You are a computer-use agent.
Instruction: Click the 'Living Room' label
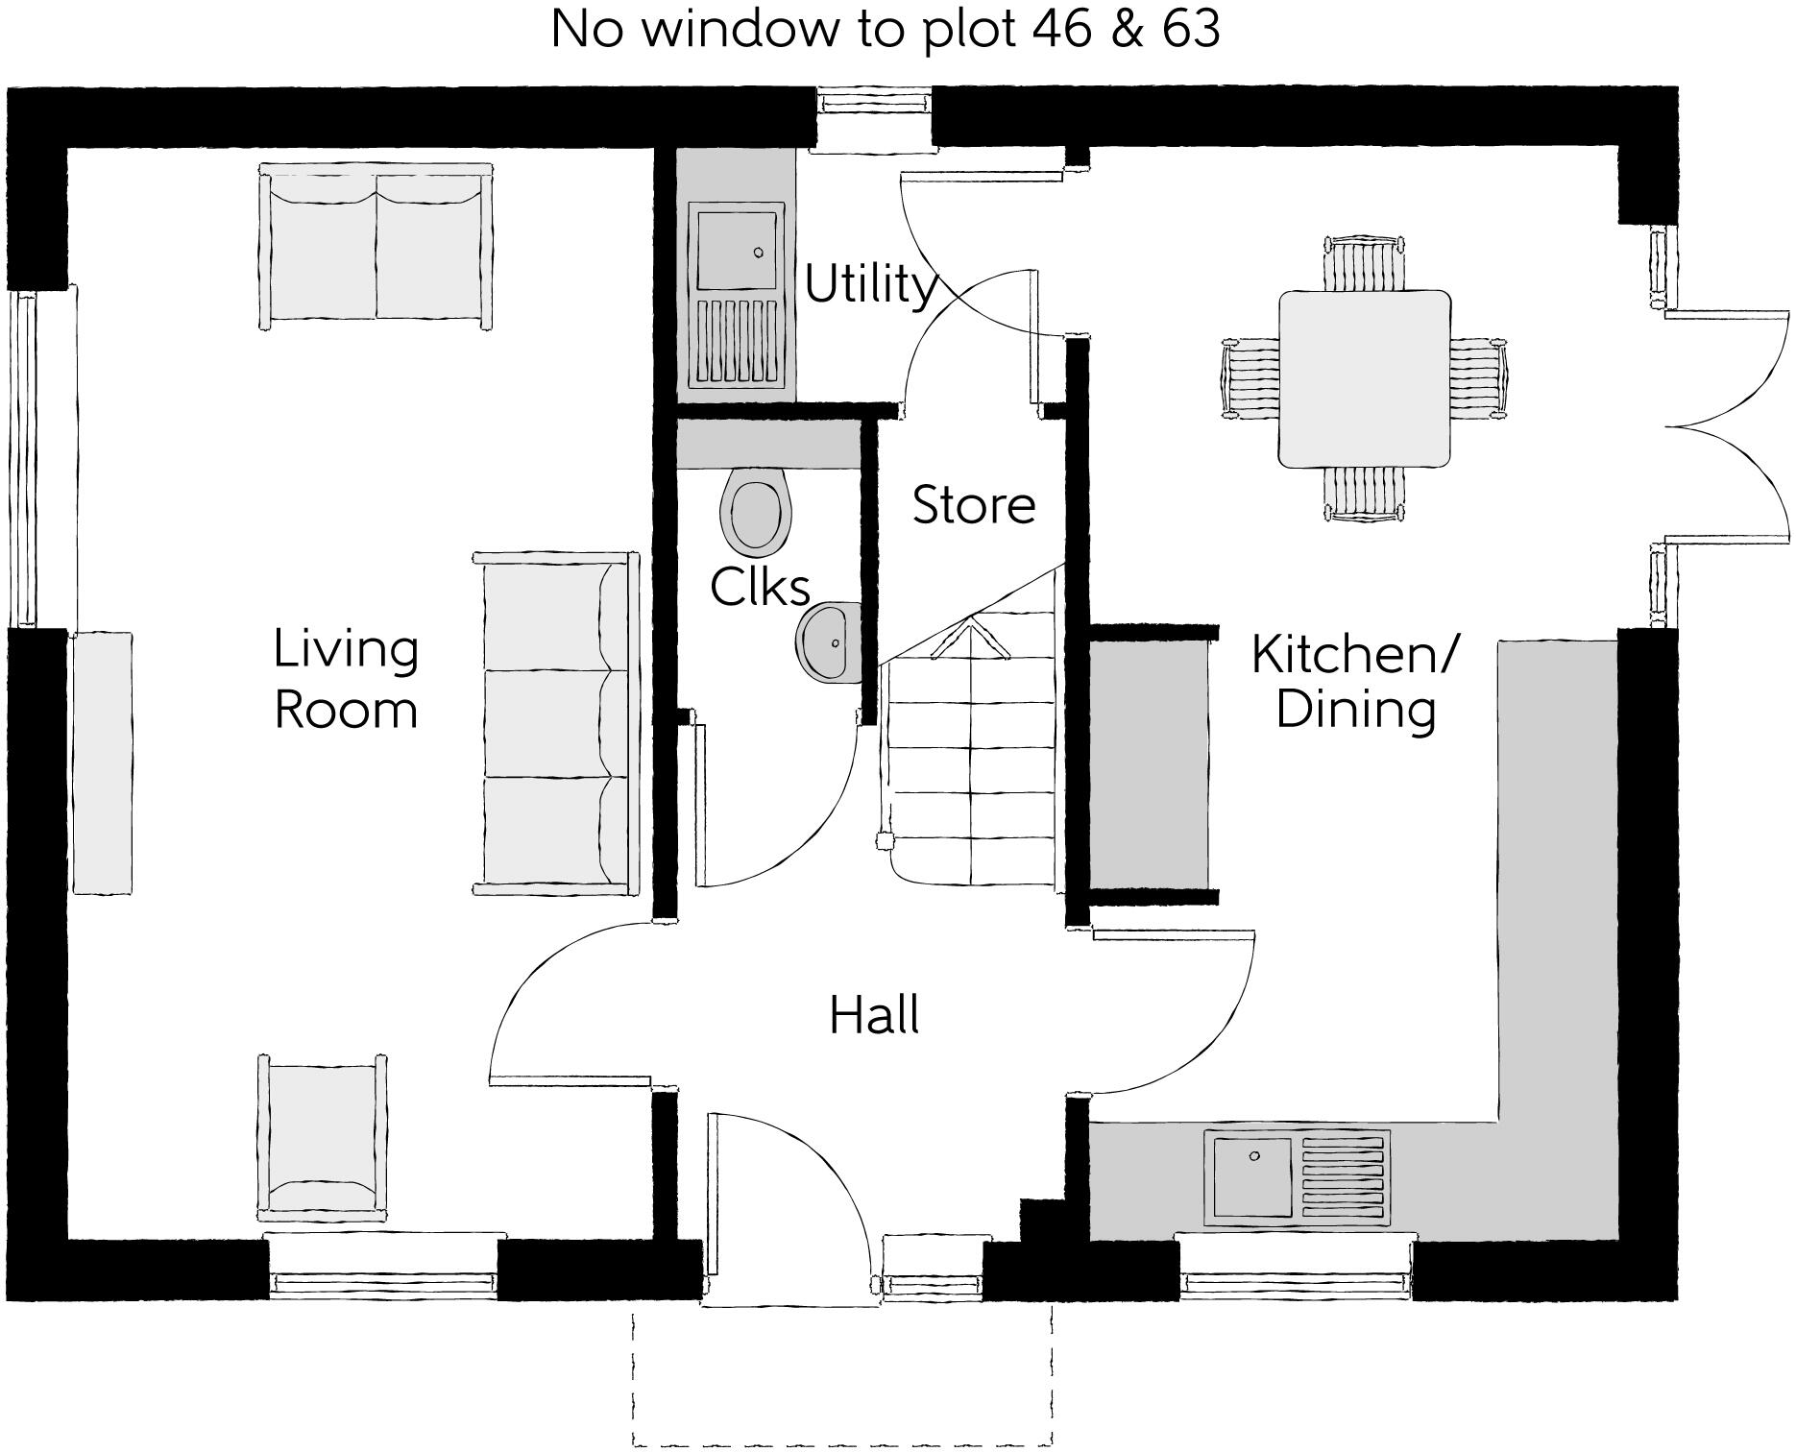pos(346,679)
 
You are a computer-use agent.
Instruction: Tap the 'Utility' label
pos(869,284)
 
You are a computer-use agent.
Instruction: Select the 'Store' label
pos(973,505)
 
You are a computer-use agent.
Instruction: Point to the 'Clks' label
pos(760,587)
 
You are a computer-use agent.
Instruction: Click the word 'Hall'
pos(874,1016)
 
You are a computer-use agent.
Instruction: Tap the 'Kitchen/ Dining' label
pos(1355,681)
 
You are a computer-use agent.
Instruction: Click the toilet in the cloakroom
pos(756,512)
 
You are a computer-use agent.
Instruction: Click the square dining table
pos(1364,378)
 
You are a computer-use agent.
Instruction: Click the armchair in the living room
pos(322,1138)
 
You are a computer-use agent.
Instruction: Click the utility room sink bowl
pos(735,251)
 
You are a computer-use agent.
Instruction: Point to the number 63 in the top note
pos(1191,29)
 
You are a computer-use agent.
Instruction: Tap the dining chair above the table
pos(1364,262)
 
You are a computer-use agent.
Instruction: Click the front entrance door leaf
pos(712,1205)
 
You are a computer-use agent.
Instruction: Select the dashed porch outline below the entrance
pos(842,1440)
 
